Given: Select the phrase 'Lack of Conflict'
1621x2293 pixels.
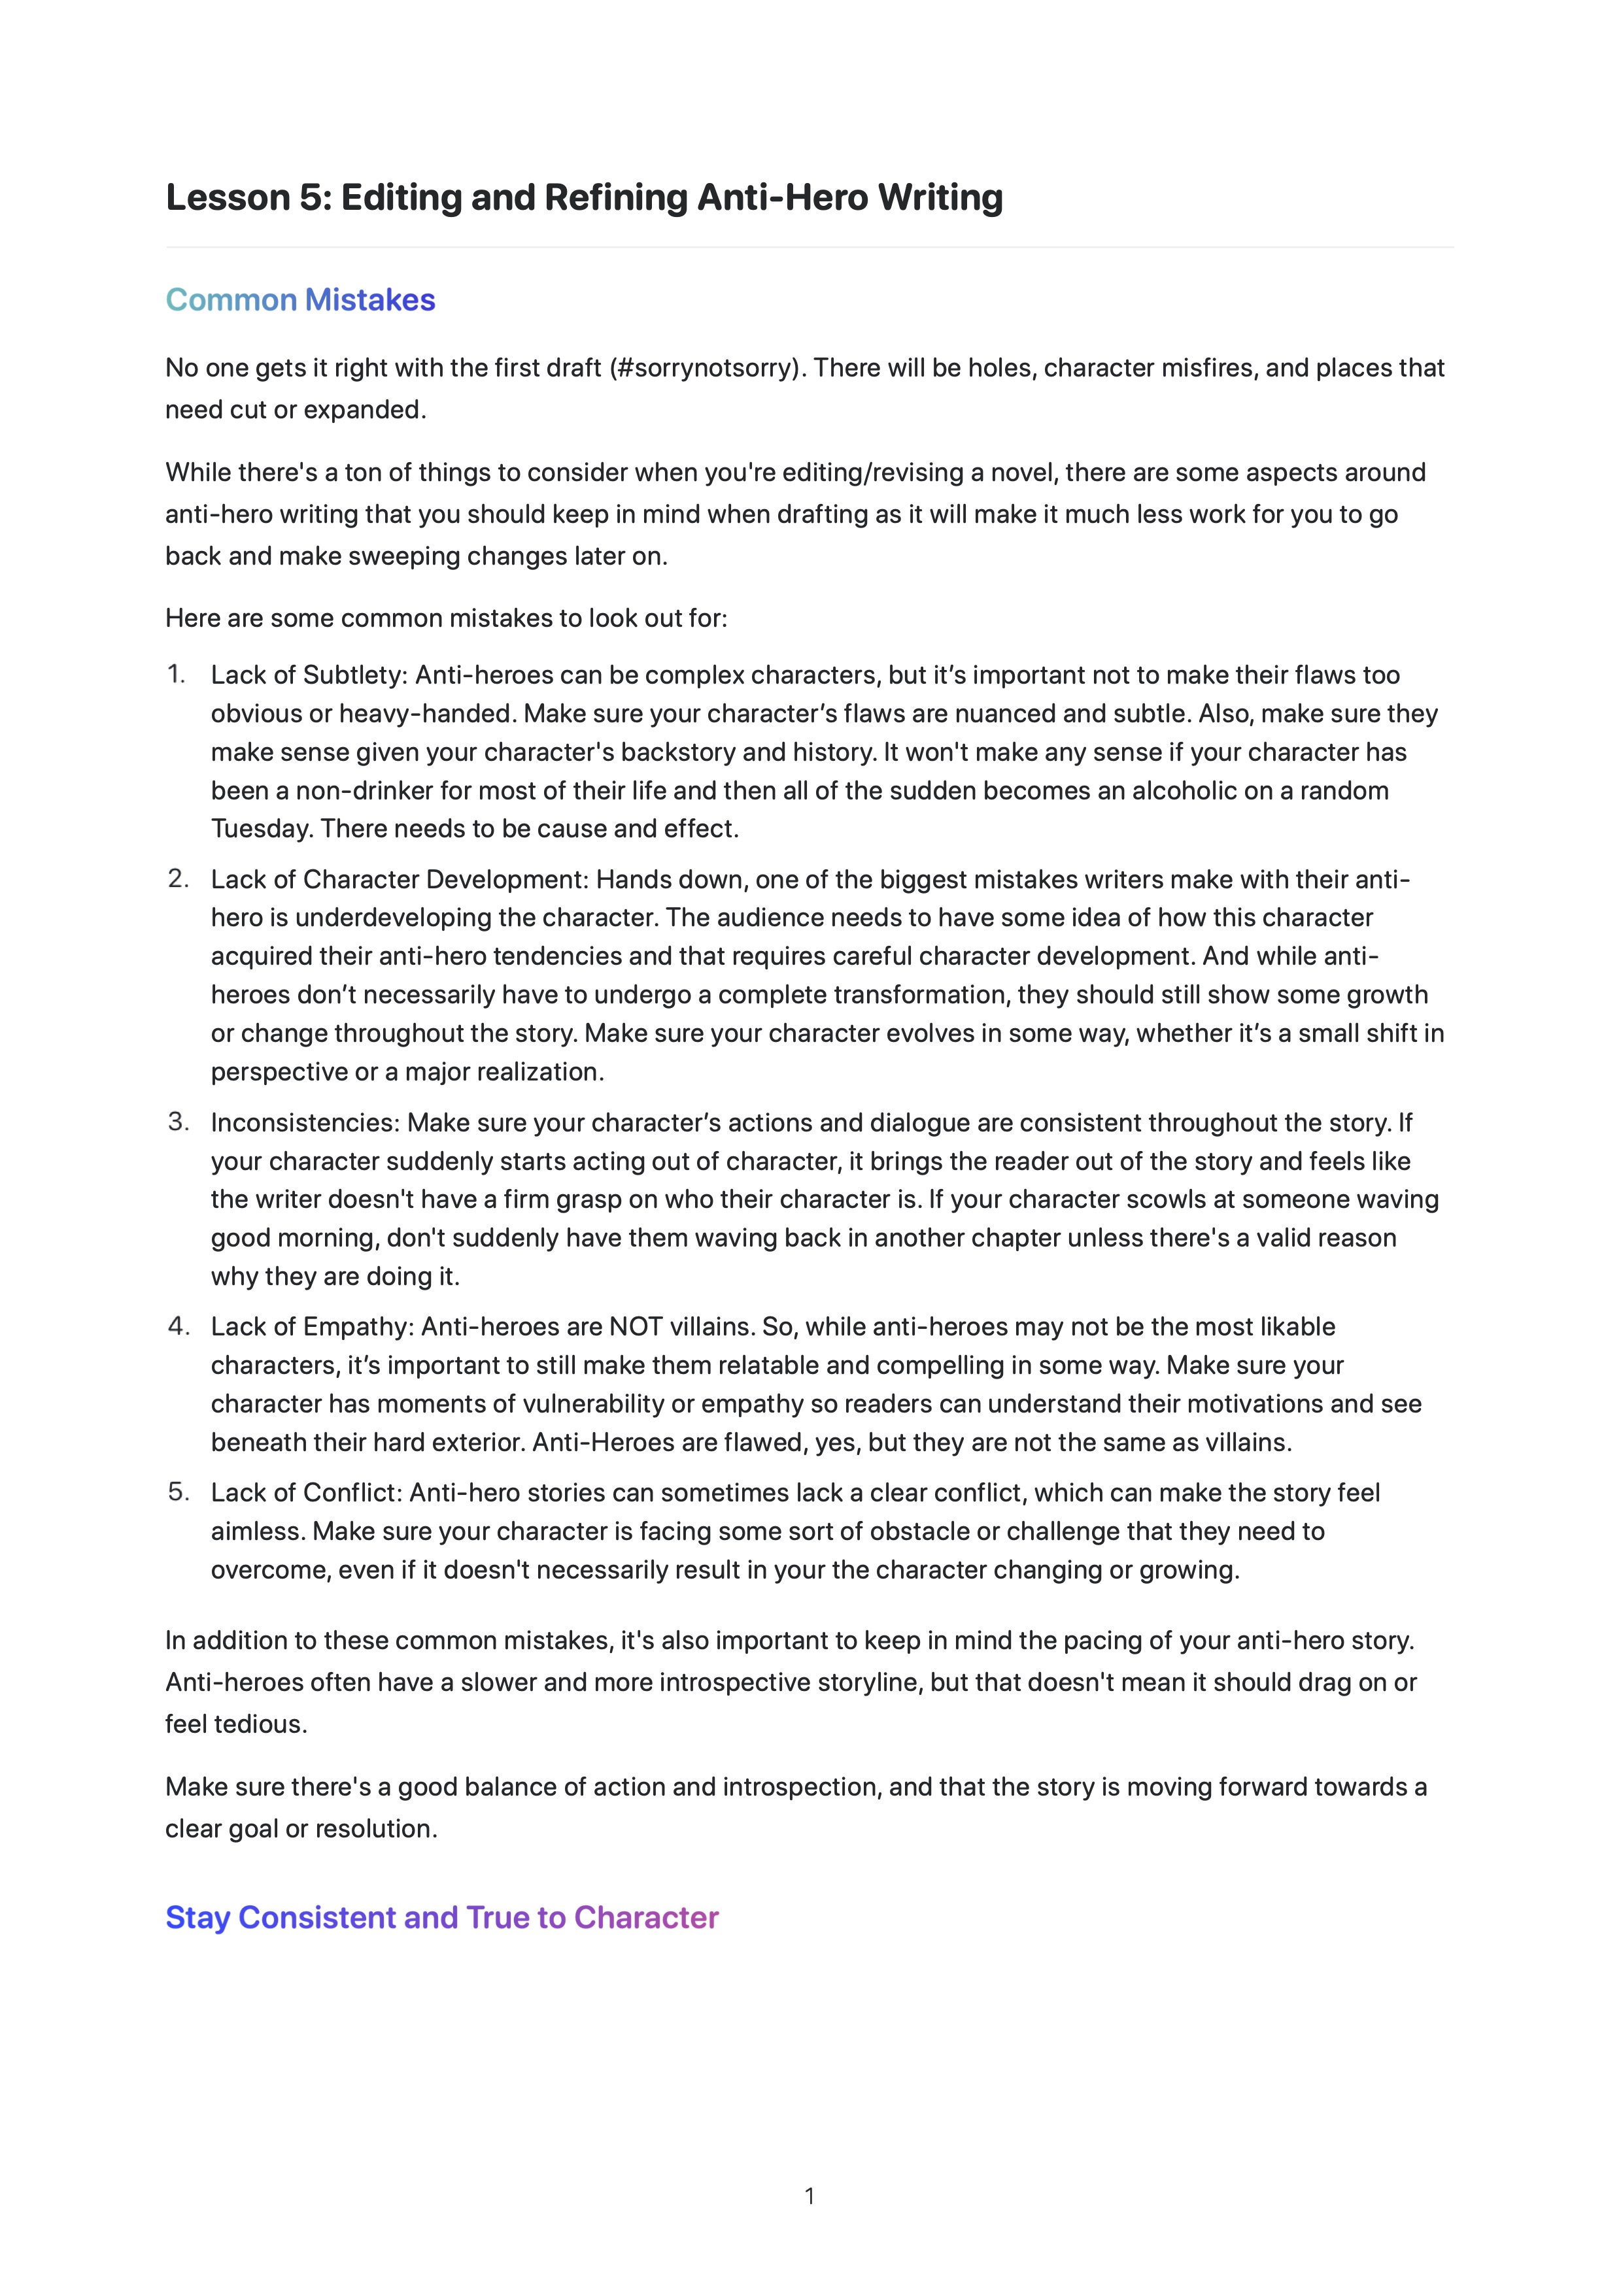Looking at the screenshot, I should click(305, 1492).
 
